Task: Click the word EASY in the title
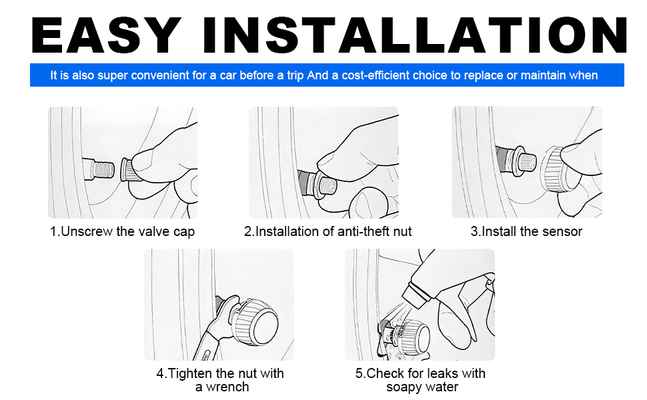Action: coord(106,35)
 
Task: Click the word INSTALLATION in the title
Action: coord(414,35)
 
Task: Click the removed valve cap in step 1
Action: coord(129,169)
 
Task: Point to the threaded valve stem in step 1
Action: coord(98,169)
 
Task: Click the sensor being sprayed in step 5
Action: coord(413,334)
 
